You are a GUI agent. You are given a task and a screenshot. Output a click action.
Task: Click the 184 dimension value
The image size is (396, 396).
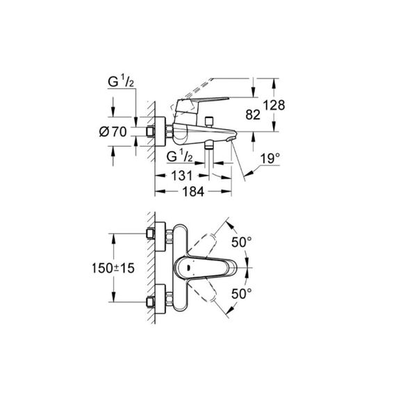[193, 192]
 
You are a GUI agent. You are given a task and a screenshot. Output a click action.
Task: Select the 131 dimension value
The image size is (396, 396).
[182, 176]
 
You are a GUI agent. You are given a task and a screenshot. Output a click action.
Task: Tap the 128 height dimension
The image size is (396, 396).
[274, 105]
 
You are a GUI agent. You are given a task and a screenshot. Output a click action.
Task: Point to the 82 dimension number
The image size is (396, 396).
[253, 115]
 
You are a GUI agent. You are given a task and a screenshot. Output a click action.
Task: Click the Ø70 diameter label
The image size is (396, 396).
[113, 131]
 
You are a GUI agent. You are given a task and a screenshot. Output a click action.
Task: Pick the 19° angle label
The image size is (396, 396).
[270, 159]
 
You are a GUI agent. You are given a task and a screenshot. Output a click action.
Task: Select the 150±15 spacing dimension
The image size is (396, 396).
[113, 268]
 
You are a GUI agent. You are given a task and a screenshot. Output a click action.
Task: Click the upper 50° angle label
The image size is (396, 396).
[242, 242]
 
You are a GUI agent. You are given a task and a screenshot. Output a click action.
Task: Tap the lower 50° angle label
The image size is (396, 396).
[242, 293]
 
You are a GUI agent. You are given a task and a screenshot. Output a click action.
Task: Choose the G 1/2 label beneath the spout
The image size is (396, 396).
[179, 156]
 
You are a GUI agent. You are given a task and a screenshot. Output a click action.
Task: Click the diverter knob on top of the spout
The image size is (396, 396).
[208, 121]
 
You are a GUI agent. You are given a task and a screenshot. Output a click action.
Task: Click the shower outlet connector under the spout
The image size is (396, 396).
[208, 145]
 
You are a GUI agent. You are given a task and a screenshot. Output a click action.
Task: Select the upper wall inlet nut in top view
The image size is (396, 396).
[151, 233]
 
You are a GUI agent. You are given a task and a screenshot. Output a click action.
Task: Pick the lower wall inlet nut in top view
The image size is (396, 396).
[151, 302]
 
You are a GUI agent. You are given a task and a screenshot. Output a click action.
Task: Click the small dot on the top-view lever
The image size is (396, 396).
[189, 267]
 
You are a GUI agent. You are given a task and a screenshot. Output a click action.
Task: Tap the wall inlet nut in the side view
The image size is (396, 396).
[151, 131]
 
